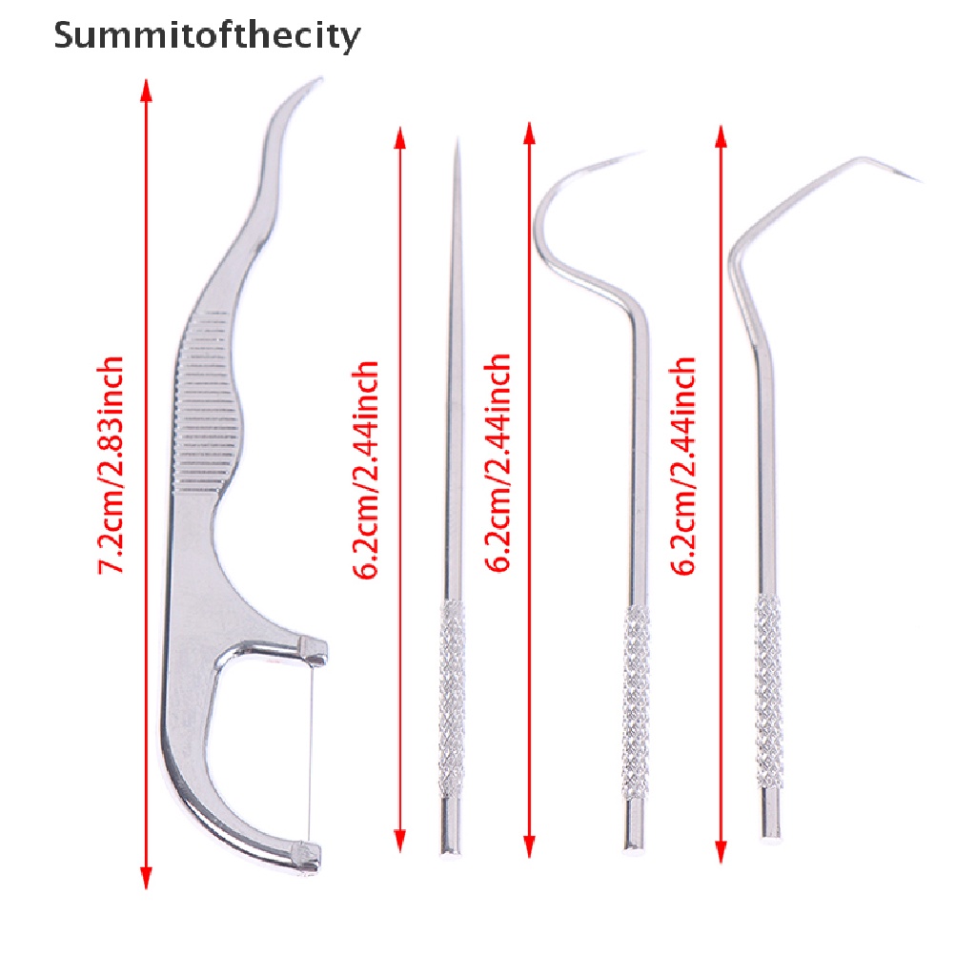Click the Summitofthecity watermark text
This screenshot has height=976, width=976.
207,36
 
